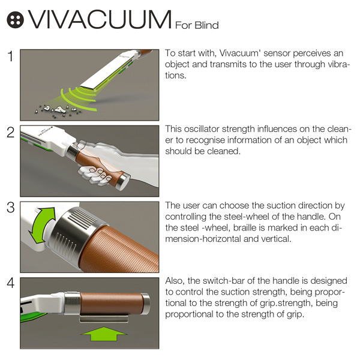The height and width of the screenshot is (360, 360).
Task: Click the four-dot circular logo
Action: [14, 20]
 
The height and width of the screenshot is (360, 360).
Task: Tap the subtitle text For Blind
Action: [197, 25]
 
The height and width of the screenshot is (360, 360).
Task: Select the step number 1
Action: [10, 58]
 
